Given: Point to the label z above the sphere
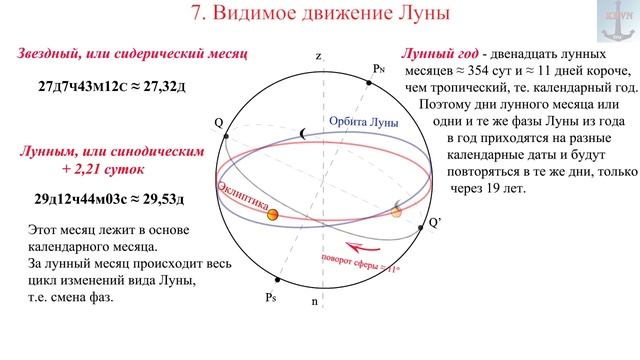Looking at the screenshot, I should coord(318,57).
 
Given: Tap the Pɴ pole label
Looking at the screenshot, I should coord(378,69).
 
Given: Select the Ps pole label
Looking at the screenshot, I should coord(270,298).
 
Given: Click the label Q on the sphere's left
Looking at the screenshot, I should coord(218,122).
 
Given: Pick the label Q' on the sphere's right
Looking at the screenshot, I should coord(434,222).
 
